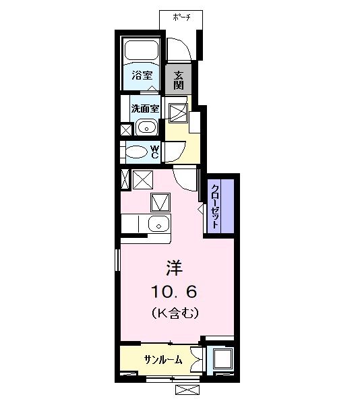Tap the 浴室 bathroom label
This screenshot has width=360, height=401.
coord(141,75)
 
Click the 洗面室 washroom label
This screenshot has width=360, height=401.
coord(145,107)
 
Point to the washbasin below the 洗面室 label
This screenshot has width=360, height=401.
coord(146,126)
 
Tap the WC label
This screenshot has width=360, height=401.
coord(154,152)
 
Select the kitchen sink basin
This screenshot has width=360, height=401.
coord(159,224)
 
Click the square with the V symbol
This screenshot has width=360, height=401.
coord(160,201)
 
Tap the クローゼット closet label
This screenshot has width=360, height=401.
coord(215,206)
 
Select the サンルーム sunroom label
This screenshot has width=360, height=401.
coord(162,360)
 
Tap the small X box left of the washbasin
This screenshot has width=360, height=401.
coord(125,129)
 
